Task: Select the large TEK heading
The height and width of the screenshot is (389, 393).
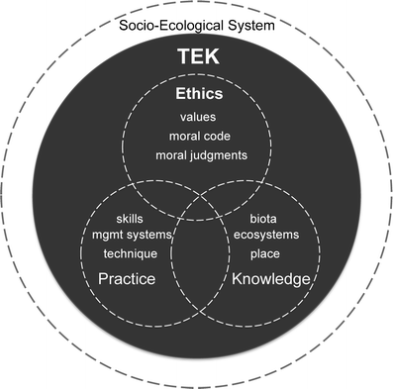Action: [196, 58]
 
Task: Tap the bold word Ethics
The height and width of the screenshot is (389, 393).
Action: [196, 97]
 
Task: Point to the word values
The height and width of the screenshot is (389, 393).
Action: [197, 119]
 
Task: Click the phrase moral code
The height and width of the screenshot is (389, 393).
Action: [197, 137]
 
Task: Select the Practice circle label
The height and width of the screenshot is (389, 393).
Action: [128, 280]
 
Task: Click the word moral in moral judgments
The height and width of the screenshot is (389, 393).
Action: [173, 155]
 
